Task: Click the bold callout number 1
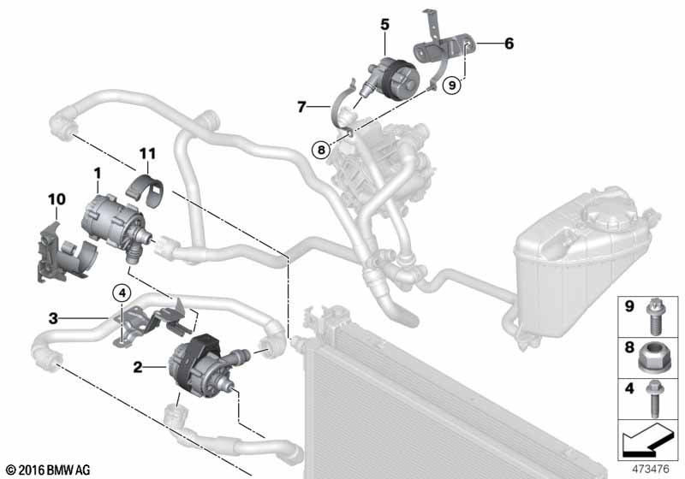coord(98,174)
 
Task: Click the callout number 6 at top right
coord(509,42)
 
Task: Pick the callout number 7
coord(301,108)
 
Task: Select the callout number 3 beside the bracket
coord(53,317)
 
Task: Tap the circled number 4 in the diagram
coord(123,293)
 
